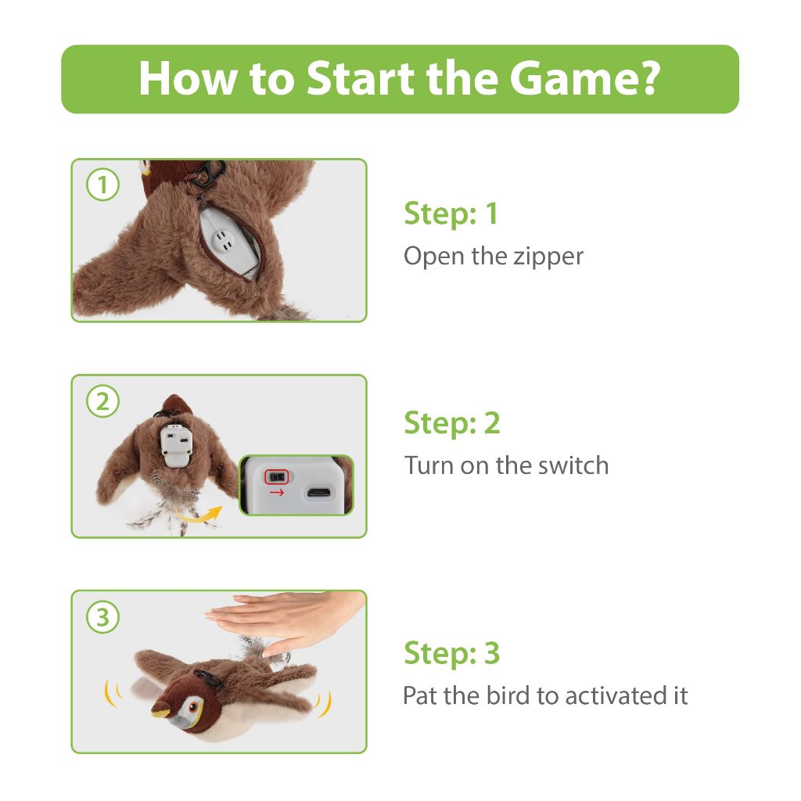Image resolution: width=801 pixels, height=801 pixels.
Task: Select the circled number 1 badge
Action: pyautogui.click(x=102, y=185)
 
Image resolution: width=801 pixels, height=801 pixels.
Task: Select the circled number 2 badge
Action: pyautogui.click(x=102, y=401)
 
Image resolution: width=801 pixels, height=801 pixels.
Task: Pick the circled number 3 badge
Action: pyautogui.click(x=102, y=616)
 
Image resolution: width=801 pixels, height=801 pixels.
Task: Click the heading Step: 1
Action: pyautogui.click(x=451, y=213)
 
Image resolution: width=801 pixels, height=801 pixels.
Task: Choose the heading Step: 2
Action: pyautogui.click(x=452, y=422)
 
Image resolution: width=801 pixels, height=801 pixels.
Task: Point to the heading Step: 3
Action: pyautogui.click(x=452, y=652)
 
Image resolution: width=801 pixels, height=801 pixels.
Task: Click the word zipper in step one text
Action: pyautogui.click(x=548, y=257)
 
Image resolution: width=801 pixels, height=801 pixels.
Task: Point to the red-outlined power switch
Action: pyautogui.click(x=276, y=476)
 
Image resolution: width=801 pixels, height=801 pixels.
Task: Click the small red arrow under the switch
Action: pyautogui.click(x=276, y=493)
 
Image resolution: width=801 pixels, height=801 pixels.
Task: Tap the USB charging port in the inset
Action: pyautogui.click(x=319, y=493)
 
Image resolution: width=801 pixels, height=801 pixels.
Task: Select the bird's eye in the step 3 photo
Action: pyautogui.click(x=194, y=707)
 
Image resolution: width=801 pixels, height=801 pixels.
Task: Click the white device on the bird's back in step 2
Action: pyautogui.click(x=176, y=445)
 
